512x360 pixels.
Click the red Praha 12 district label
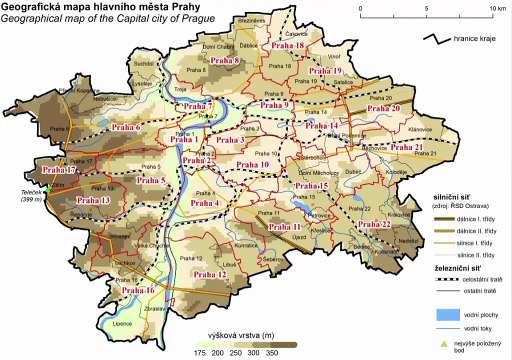point(211,274)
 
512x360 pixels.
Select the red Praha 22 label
point(372,225)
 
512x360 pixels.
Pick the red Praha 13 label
point(92,202)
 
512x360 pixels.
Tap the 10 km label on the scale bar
point(498,7)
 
